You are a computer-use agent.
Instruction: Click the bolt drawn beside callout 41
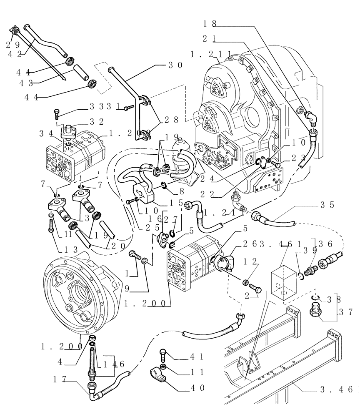coord(162,355)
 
